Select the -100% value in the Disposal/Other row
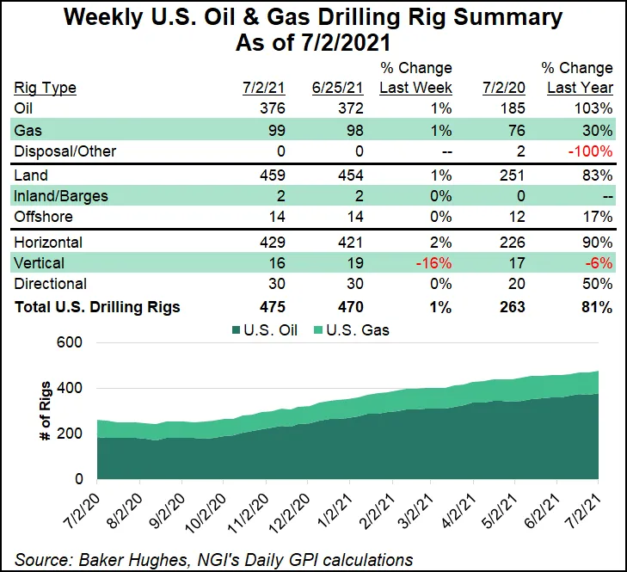[593, 151]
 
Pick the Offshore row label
[44, 218]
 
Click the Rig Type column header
[46, 87]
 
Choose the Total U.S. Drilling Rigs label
[97, 307]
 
